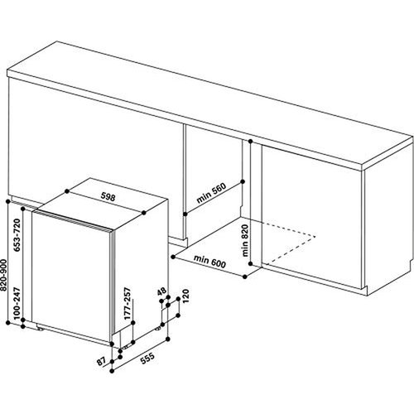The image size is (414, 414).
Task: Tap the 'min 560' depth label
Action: click(x=212, y=195)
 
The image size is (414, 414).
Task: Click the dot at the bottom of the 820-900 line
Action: click(x=8, y=330)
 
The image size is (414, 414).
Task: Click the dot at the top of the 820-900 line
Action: click(x=8, y=200)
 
